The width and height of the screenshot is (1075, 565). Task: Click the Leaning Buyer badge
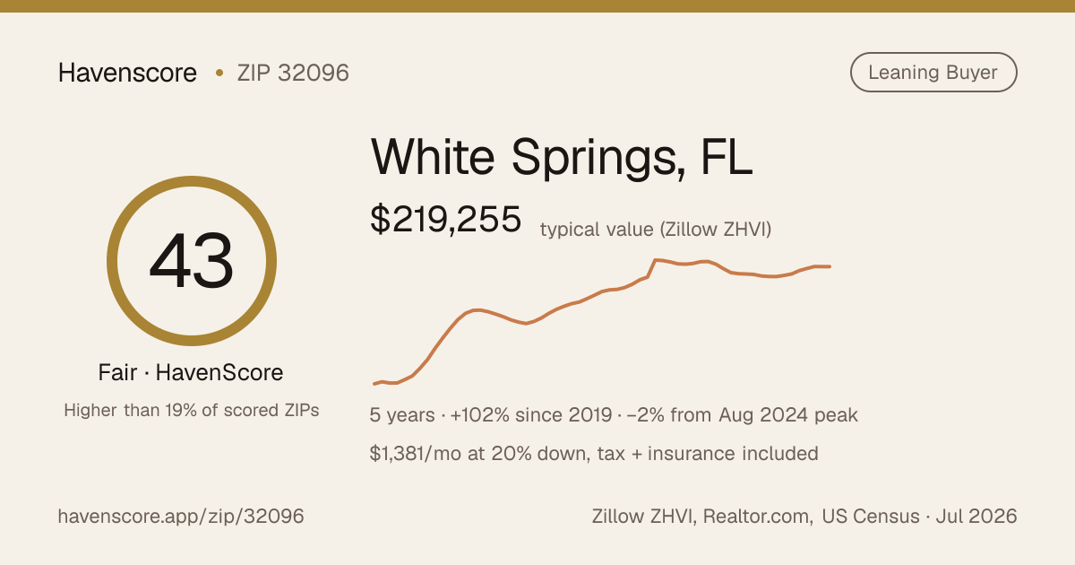(x=933, y=72)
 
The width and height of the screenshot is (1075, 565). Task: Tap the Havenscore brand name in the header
(x=127, y=73)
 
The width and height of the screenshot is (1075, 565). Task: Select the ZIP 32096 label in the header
(x=293, y=73)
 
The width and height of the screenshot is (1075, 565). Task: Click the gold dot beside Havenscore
(x=219, y=73)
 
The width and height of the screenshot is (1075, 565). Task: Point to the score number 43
(x=192, y=261)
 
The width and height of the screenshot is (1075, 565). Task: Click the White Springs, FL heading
(x=562, y=158)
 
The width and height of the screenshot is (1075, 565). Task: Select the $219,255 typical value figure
(x=445, y=220)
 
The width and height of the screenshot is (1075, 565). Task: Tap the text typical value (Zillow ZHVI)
(x=656, y=230)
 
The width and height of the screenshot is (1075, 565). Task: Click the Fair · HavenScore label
(x=191, y=373)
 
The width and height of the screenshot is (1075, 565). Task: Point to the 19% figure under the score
(x=181, y=411)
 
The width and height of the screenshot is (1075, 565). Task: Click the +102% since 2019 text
(x=531, y=415)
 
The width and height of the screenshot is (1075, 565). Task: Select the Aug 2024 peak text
(x=788, y=415)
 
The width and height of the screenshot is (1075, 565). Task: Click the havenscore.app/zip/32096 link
(x=181, y=517)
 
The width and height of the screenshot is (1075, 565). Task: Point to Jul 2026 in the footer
(x=976, y=517)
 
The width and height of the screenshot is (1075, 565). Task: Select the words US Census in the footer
(x=871, y=517)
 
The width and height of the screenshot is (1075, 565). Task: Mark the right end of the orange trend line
(x=830, y=266)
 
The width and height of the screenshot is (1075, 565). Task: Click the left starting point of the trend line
(x=374, y=384)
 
